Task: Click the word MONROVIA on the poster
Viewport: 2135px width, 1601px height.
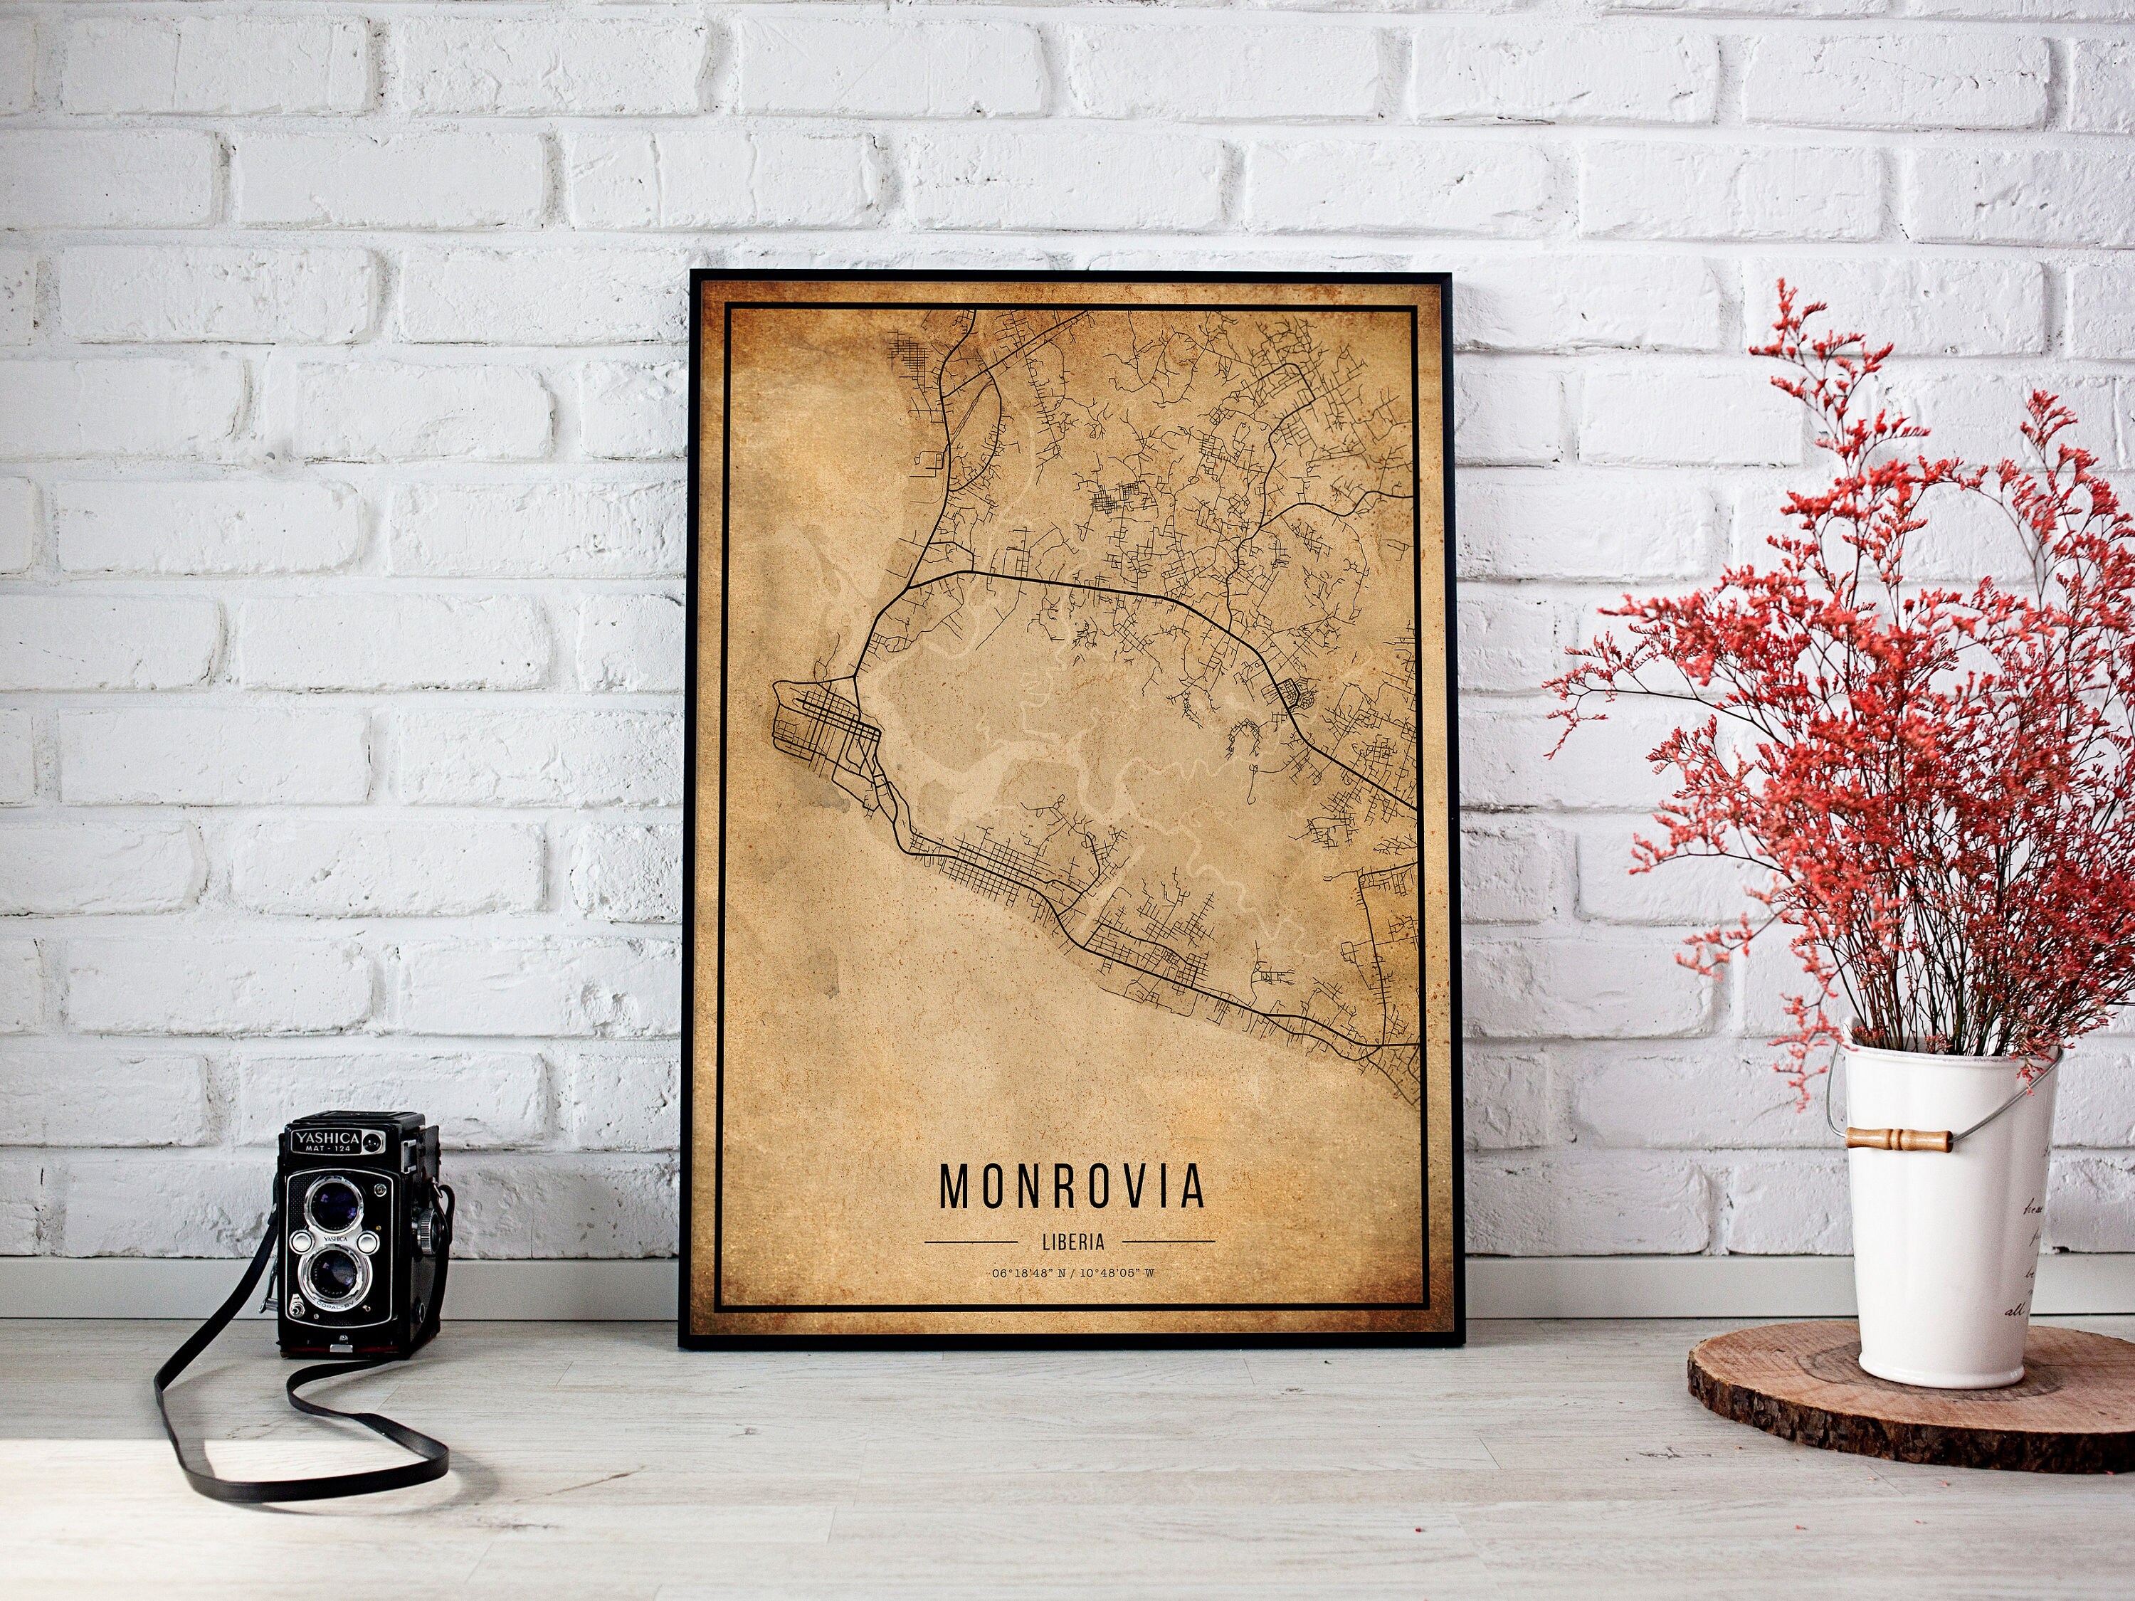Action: click(x=1071, y=1187)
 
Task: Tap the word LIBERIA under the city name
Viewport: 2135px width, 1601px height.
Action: click(x=1072, y=1243)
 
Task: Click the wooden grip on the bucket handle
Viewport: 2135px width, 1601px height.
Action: click(x=1899, y=1138)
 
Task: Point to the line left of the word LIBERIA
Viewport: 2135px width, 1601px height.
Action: click(x=971, y=1242)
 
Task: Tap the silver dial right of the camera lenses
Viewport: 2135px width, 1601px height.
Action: click(x=369, y=1244)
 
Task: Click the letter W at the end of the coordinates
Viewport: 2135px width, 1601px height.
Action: click(x=1149, y=1274)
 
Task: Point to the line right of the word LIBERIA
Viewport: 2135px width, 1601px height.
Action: click(x=1169, y=1242)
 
